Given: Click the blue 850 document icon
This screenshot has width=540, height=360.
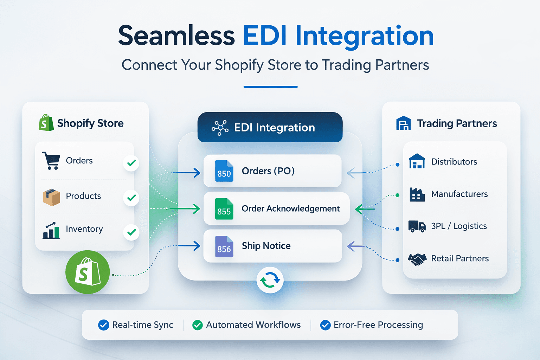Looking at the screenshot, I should tap(224, 171).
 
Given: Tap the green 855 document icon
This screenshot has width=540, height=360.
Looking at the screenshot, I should tap(224, 209).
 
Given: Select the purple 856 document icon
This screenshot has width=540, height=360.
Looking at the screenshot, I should tap(224, 247).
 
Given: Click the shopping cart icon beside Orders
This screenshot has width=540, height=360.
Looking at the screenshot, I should tap(51, 161).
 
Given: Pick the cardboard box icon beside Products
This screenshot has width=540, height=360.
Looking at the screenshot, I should tap(51, 197).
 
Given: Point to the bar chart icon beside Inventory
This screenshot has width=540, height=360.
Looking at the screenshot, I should tap(51, 231).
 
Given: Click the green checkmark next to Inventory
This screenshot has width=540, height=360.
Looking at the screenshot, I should tap(131, 232).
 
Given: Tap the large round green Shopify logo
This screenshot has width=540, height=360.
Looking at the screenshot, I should tap(88, 272).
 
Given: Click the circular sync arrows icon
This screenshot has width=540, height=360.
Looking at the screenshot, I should tap(270, 280).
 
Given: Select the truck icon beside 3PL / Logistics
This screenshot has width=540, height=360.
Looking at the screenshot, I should tap(417, 226).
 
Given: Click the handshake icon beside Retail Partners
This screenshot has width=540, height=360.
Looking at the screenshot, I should tap(417, 259).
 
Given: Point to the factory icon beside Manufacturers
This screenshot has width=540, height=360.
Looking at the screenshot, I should tap(417, 194).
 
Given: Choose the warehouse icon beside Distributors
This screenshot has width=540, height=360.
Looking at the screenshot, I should tap(417, 162).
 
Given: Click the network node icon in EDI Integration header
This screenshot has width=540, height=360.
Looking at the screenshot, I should tap(220, 128).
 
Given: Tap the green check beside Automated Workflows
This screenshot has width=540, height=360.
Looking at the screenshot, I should tap(198, 325).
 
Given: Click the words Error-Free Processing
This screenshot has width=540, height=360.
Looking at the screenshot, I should tap(378, 325).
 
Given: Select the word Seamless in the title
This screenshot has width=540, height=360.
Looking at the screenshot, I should tap(176, 36).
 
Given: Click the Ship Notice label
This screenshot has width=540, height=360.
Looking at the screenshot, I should tap(266, 246).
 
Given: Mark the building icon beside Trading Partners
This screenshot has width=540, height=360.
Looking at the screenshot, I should tap(404, 123).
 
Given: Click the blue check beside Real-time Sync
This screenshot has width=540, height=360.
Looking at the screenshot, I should tap(104, 325).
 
